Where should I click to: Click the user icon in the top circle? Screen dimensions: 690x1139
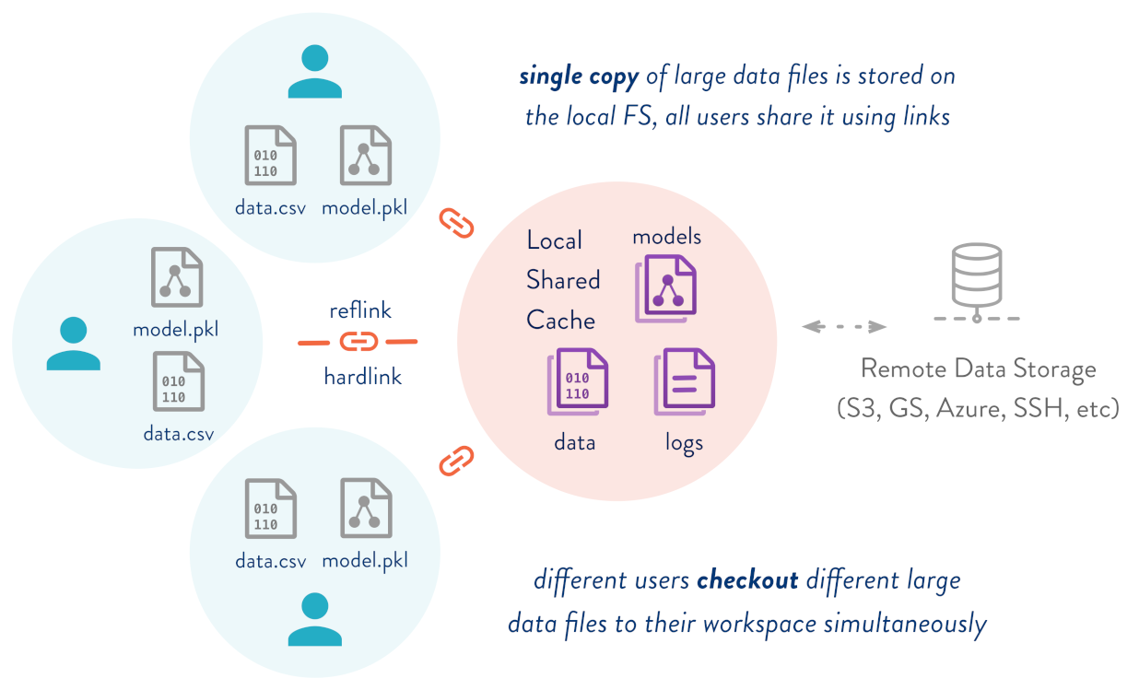point(314,73)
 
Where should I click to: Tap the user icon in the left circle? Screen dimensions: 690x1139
point(73,344)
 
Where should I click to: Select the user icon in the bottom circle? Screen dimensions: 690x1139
point(314,619)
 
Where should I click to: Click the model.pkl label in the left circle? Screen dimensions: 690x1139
point(175,328)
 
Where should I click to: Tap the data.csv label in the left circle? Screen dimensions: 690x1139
point(179,432)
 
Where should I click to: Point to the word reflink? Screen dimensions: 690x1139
point(360,310)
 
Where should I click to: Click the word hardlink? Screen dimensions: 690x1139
point(362,376)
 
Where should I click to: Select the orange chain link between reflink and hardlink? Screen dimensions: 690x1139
point(358,342)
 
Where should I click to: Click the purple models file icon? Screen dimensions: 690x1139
point(667,287)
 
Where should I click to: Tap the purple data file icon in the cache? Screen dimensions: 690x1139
point(579,380)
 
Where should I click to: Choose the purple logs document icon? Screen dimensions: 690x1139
point(685,381)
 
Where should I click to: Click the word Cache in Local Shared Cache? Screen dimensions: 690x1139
point(560,321)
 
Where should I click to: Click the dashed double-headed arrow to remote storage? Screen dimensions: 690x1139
point(844,326)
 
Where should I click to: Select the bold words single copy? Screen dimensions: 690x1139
point(579,76)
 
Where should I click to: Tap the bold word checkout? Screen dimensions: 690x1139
point(747,581)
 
